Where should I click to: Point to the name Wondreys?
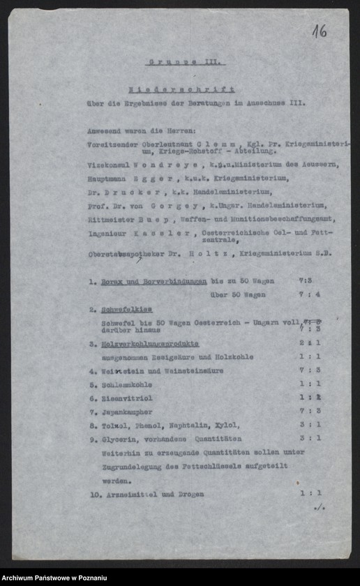[x=162, y=165]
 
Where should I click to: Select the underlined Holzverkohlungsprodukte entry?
[x=149, y=343]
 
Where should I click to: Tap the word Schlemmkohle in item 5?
[x=124, y=384]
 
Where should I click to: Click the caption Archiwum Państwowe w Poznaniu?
[x=54, y=578]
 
